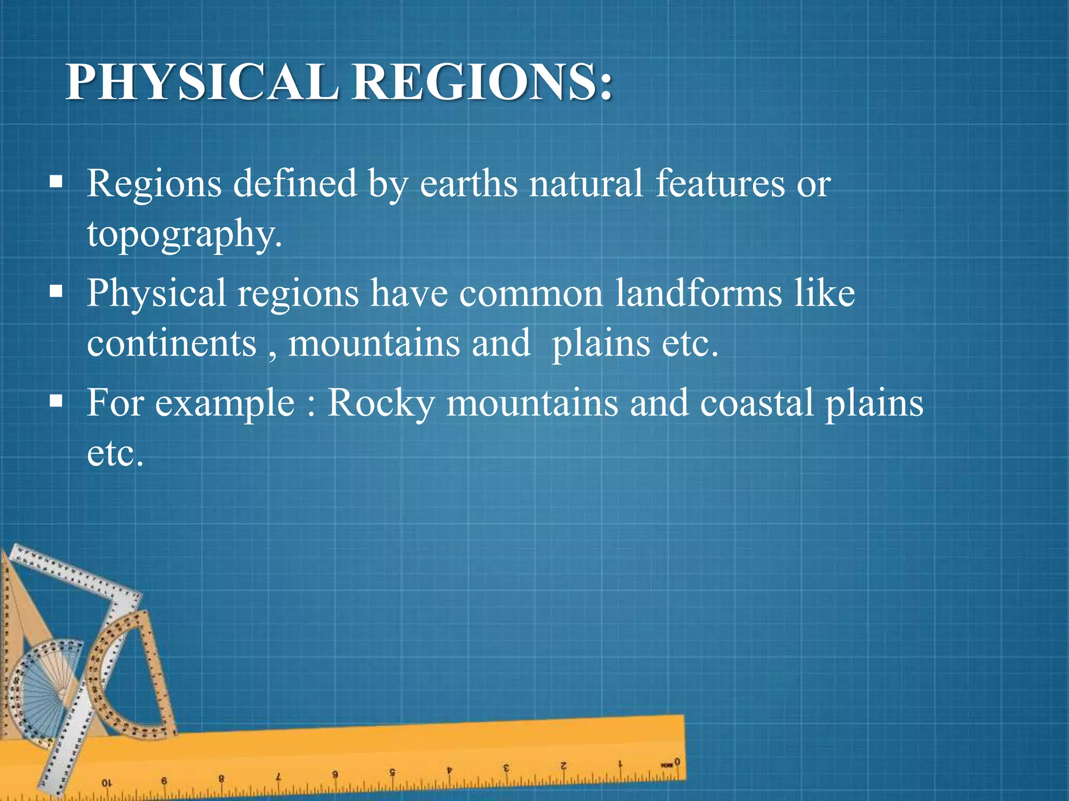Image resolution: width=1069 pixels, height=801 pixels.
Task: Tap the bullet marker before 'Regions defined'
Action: [x=56, y=182]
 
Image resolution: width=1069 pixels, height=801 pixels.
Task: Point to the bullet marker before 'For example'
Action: [x=56, y=401]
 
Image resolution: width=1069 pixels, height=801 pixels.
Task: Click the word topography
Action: [x=184, y=234]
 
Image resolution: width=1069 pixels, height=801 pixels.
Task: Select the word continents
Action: [x=172, y=343]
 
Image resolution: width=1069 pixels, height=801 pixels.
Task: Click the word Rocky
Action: [x=381, y=403]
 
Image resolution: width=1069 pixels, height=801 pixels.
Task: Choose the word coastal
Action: [x=756, y=403]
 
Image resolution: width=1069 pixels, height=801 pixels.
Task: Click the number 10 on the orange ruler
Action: [x=106, y=783]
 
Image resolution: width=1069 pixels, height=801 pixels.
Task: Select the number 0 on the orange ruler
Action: [x=677, y=762]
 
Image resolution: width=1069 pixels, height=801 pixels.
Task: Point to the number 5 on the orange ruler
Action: [x=392, y=772]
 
